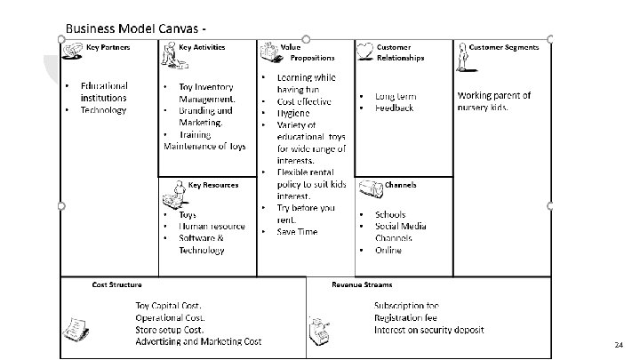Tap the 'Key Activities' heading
pyautogui.click(x=202, y=46)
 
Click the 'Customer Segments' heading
pyautogui.click(x=504, y=46)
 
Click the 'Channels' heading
pyautogui.click(x=400, y=186)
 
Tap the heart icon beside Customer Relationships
pyautogui.click(x=364, y=48)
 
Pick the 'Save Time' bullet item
pyautogui.click(x=297, y=231)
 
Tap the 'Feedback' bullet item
pyautogui.click(x=394, y=108)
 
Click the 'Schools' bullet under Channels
pyautogui.click(x=390, y=214)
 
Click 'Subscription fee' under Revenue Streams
pyautogui.click(x=405, y=305)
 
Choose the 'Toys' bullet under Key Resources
pyautogui.click(x=188, y=214)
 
